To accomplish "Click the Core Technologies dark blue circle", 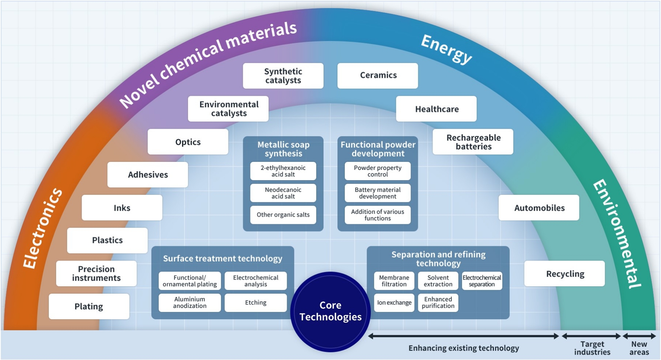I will pos(330,311).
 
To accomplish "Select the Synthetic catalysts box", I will pos(283,76).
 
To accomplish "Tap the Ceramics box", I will pos(378,76).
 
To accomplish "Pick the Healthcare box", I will pos(436,109).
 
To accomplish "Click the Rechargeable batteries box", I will pos(473,142).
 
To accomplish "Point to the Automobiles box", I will pos(539,208).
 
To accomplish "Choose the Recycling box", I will pos(564,274).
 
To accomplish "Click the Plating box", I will pos(89,306).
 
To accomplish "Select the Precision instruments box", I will pos(96,274).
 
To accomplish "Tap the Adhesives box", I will pos(148,175).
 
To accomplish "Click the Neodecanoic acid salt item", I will pos(283,193).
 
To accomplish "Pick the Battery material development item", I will pos(378,193).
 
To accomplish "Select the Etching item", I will pos(256,303).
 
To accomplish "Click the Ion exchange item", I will pos(394,303).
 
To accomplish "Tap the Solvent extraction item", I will pos(438,281).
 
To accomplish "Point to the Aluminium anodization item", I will pos(190,303).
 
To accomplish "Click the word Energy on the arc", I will pos(446,49).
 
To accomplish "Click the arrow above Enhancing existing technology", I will pos(463,336).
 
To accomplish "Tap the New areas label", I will pos(639,348).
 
